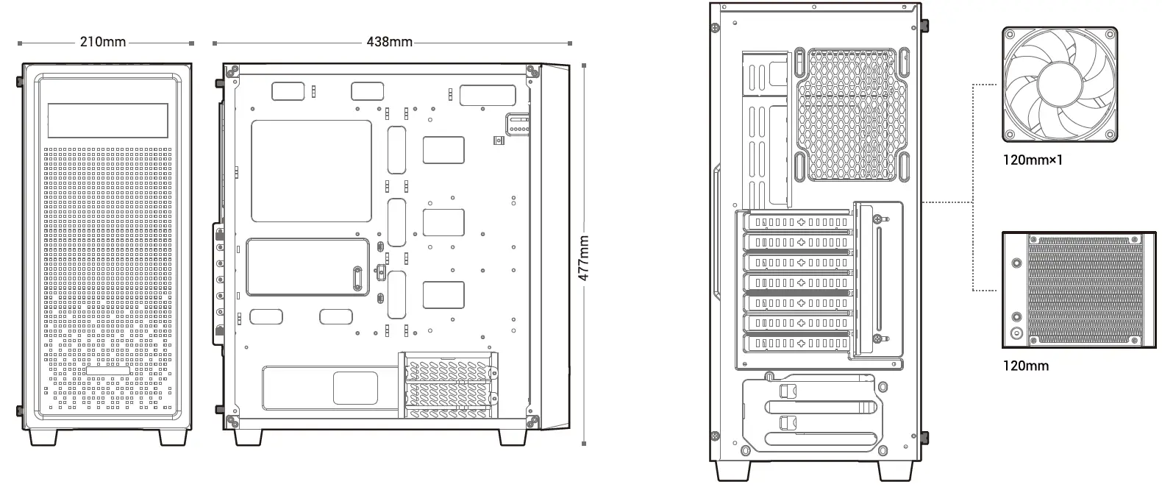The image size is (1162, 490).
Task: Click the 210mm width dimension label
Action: point(103,42)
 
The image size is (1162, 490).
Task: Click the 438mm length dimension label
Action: point(389,42)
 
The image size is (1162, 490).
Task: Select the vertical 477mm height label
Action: point(583,258)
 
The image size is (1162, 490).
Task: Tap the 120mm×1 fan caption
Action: point(1033,159)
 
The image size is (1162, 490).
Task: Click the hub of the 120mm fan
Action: point(1059,85)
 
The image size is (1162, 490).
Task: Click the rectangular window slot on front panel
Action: point(107,120)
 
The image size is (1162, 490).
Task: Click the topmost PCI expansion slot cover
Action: point(798,222)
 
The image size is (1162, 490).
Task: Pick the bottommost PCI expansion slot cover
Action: point(798,343)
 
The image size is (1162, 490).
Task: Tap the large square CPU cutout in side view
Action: point(312,171)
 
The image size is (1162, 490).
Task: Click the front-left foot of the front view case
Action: point(43,437)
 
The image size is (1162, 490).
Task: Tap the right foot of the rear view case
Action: point(895,470)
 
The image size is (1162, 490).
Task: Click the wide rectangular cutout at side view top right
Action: point(488,96)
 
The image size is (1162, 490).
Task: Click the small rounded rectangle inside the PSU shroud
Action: point(355,388)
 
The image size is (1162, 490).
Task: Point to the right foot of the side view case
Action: point(512,437)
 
